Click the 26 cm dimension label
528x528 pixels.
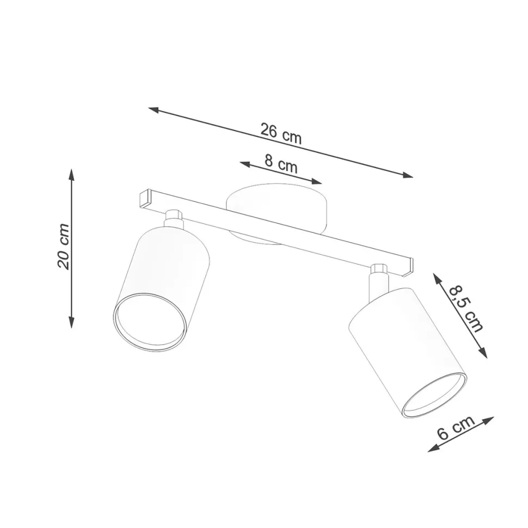click(281, 134)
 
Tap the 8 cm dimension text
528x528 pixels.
click(281, 164)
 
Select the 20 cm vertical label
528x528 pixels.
click(64, 246)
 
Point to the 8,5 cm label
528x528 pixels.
click(466, 308)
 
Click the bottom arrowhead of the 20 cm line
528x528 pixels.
click(71, 322)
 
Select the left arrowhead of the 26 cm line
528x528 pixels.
click(154, 110)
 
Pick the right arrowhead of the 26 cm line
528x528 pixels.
click(408, 175)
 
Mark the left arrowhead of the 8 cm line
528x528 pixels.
click(245, 164)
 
